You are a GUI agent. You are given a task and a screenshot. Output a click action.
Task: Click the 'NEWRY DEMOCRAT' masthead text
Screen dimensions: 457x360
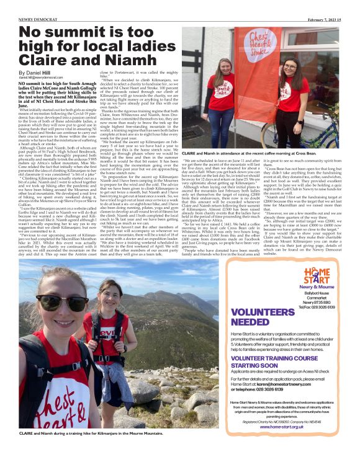click(22, 4)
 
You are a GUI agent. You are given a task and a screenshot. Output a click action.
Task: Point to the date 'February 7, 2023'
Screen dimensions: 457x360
click(332, 4)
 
